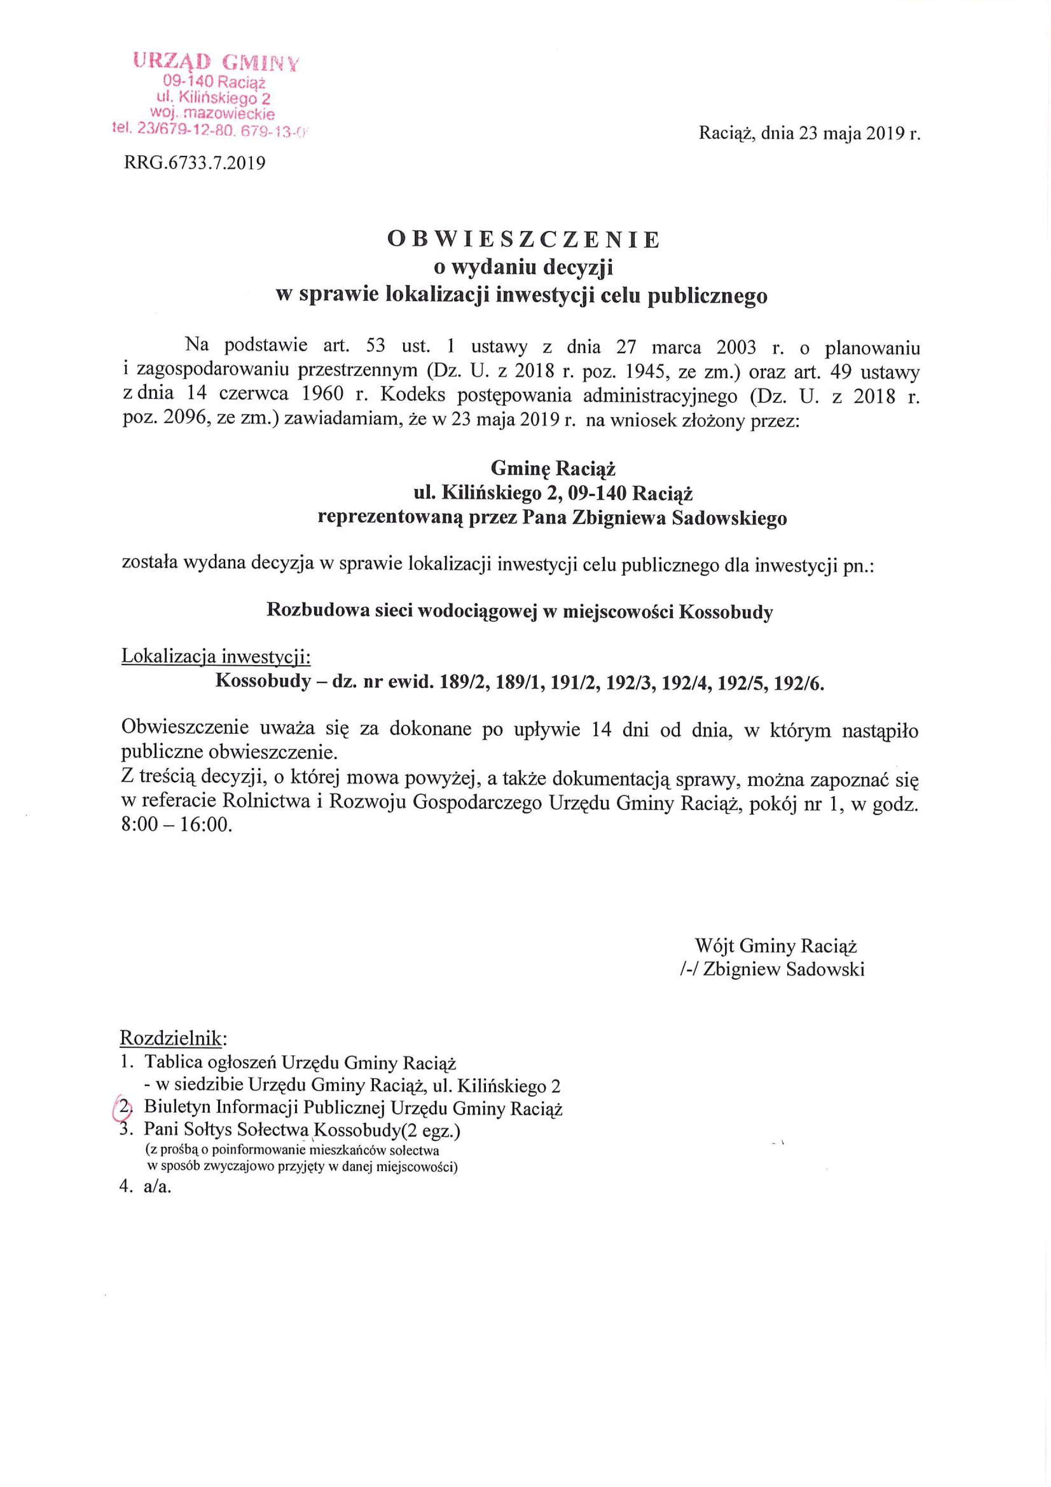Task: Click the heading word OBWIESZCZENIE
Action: tap(524, 239)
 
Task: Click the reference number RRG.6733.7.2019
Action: tap(194, 162)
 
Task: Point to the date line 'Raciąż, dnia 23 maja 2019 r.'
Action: tap(809, 134)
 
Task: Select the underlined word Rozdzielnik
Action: tap(172, 1039)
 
